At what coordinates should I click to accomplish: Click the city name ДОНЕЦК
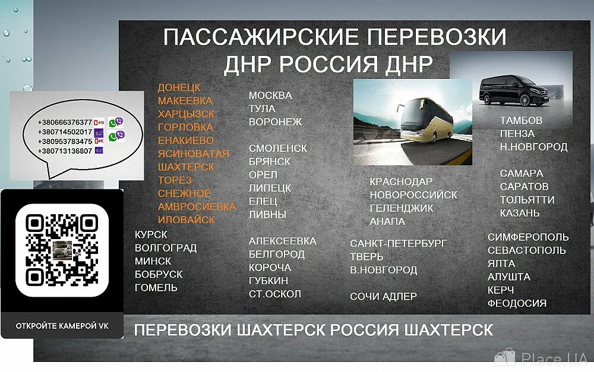click(179, 88)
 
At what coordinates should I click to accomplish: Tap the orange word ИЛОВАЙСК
click(186, 220)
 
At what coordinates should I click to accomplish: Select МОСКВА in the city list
click(270, 96)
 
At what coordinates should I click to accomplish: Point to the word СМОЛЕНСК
click(277, 148)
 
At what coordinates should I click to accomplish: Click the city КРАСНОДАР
click(401, 182)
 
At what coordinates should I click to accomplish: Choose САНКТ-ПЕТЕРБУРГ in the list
click(398, 244)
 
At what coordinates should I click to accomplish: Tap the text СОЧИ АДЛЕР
click(383, 297)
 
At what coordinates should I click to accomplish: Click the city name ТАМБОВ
click(521, 120)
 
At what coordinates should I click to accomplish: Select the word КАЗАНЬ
click(520, 213)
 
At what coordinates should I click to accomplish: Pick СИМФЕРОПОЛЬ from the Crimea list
click(528, 237)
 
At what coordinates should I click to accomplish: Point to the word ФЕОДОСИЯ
click(517, 303)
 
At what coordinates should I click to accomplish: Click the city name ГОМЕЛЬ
click(156, 288)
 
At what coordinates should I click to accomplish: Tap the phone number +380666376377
click(65, 122)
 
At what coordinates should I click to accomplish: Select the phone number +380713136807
click(65, 151)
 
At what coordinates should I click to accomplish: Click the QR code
click(62, 250)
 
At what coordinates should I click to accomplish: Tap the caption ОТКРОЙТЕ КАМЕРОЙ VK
click(62, 326)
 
